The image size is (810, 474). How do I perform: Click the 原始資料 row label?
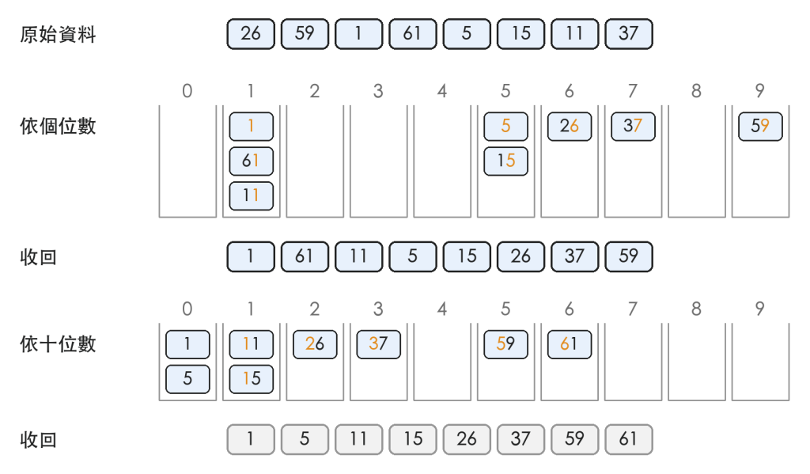point(58,35)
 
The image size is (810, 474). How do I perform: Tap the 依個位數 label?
point(58,126)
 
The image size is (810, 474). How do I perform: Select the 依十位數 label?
point(58,344)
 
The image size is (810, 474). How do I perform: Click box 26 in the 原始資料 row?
point(251,34)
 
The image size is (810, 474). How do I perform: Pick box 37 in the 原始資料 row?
point(629,34)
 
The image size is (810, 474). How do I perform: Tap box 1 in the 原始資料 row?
point(358,34)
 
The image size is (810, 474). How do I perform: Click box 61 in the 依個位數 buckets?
point(251,161)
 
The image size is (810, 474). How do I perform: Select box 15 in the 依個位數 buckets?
point(505,161)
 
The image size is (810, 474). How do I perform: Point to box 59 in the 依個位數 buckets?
point(760,127)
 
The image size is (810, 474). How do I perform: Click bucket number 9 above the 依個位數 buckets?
point(760,91)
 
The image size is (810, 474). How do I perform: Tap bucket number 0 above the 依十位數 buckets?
point(187,309)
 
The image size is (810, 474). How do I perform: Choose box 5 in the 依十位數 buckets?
point(187,379)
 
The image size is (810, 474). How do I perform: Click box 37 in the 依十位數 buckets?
point(379,344)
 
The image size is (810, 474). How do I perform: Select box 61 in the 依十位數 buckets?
point(570,344)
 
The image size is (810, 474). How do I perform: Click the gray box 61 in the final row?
point(629,439)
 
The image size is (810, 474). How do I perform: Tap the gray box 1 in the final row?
point(251,439)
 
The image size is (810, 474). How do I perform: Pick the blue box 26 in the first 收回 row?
point(520,256)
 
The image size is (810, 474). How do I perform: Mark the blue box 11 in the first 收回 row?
point(358,256)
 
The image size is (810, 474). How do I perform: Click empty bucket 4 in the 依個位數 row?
point(442,161)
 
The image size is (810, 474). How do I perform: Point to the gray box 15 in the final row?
point(413,439)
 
